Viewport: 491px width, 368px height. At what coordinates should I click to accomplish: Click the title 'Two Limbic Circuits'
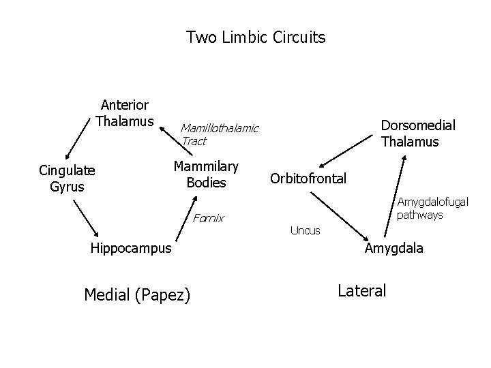(x=256, y=37)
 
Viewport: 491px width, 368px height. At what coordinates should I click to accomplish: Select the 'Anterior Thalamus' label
(x=125, y=113)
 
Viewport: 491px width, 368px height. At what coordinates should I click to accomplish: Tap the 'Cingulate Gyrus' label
(x=67, y=177)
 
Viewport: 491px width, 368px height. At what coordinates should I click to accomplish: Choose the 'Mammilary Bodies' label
(x=206, y=174)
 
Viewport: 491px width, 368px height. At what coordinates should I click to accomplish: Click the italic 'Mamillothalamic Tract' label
(x=219, y=134)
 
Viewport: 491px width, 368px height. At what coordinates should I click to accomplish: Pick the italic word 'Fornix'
(x=208, y=219)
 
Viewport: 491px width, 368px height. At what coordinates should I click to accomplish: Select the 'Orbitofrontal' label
(x=308, y=179)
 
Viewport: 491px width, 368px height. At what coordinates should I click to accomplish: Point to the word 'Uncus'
(x=305, y=230)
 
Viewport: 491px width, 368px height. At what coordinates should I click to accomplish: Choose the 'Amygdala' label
(x=393, y=248)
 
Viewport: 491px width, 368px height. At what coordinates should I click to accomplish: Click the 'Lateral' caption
(x=361, y=290)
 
